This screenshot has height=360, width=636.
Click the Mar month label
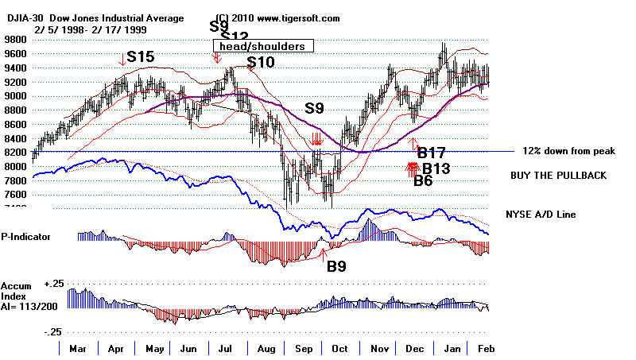79,349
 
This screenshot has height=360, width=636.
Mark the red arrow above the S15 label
122,58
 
